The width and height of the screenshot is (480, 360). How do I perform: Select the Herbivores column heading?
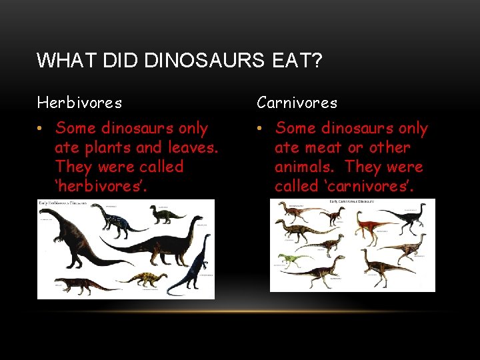click(x=79, y=103)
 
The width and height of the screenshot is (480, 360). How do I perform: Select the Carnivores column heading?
click(x=297, y=103)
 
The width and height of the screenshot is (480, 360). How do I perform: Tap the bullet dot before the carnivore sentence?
click(x=261, y=129)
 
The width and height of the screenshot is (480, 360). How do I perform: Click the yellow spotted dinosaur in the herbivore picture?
click(x=147, y=279)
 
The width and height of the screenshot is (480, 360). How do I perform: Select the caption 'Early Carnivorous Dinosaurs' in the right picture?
click(x=353, y=201)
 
